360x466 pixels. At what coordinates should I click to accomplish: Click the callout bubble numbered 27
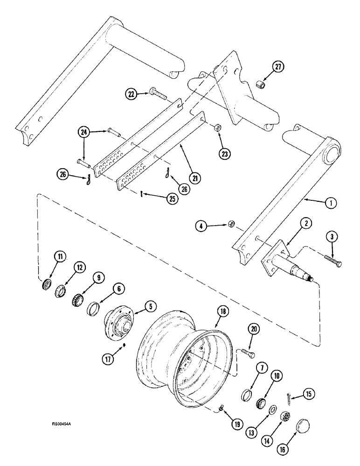(279, 68)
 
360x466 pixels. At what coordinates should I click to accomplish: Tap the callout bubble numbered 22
(132, 94)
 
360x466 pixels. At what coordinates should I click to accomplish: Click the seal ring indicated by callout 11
(47, 285)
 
